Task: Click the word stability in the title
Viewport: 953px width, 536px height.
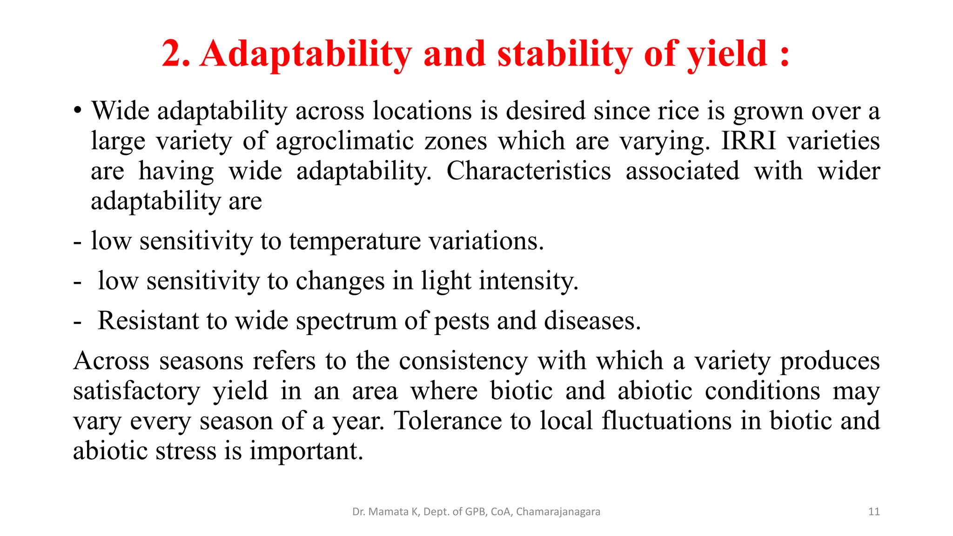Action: point(565,54)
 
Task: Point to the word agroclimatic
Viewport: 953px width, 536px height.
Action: point(345,141)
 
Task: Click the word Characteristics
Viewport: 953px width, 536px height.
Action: point(529,171)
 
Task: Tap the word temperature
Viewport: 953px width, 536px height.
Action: point(355,241)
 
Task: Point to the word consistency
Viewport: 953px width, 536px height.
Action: point(463,361)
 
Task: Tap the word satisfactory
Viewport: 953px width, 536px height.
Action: point(136,391)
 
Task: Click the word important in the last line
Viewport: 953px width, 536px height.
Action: point(306,451)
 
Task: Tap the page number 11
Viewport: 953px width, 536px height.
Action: point(874,512)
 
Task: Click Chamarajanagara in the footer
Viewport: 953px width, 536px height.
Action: point(558,512)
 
